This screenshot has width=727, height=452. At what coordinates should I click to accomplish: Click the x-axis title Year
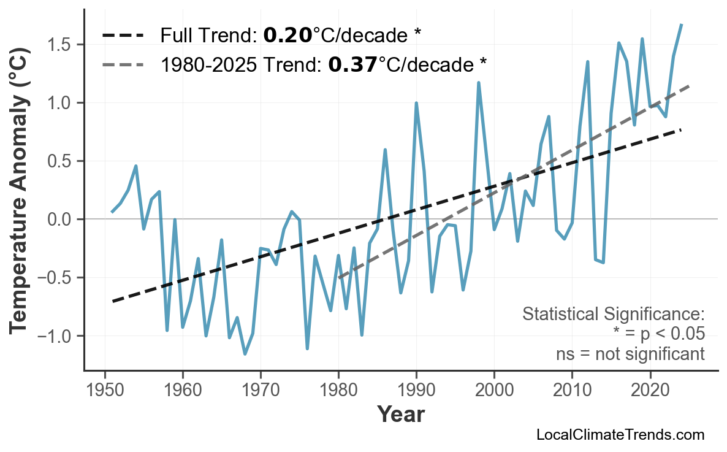[x=400, y=415]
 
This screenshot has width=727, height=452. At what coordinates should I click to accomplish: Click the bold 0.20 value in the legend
[x=287, y=36]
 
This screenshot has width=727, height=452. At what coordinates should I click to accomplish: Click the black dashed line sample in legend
[x=123, y=36]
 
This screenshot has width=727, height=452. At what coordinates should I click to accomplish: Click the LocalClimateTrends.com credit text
[x=620, y=435]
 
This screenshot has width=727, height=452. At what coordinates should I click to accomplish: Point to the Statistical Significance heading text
[x=613, y=315]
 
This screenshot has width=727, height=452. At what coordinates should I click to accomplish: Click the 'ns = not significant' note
[x=630, y=354]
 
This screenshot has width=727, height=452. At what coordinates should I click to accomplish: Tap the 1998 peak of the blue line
[x=478, y=83]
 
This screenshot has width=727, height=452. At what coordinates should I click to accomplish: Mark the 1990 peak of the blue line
[x=416, y=103]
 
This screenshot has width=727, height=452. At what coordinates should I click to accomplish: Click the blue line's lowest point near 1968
[x=245, y=354]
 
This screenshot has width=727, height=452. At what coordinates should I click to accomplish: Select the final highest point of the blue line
[x=682, y=25]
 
